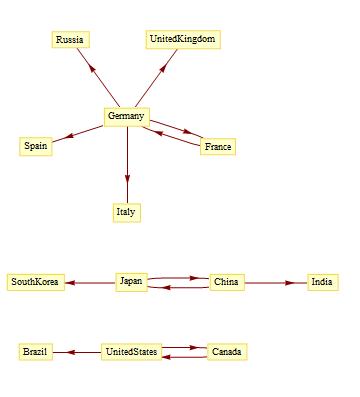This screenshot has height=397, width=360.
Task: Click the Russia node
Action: tap(70, 40)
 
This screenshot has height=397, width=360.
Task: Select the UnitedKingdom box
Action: tap(183, 40)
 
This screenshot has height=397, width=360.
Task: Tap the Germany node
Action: tap(126, 117)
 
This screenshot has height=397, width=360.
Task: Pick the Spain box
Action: tap(36, 146)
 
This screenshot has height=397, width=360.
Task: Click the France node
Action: tap(218, 147)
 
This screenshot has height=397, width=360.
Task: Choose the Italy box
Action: tap(126, 212)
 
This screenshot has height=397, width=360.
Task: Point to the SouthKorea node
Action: tap(35, 282)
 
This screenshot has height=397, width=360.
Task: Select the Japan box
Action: tap(131, 282)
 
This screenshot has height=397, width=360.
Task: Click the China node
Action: tap(227, 282)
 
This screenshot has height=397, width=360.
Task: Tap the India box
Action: tap(322, 282)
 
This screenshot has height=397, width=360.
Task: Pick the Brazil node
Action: tap(36, 352)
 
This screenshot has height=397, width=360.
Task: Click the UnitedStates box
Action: tap(131, 352)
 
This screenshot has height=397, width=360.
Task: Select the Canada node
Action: tap(227, 352)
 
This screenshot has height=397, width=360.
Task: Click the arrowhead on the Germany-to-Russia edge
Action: tap(92, 70)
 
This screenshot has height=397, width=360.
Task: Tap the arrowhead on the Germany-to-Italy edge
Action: tap(127, 179)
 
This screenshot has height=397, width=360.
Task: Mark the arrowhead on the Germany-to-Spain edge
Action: tap(68, 136)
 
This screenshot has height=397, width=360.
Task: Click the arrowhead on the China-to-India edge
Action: tap(290, 283)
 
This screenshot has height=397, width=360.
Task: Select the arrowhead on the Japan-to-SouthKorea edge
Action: tap(70, 283)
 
